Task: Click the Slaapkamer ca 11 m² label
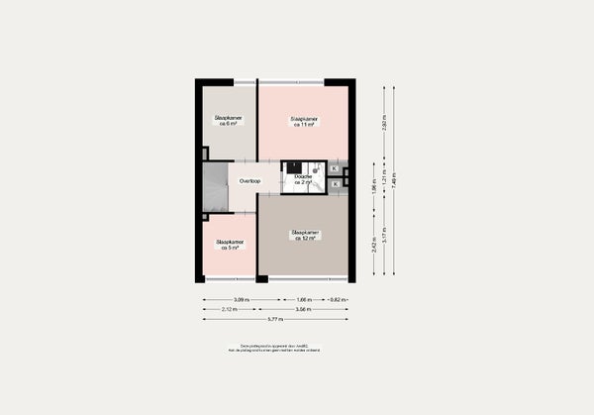pos(303,122)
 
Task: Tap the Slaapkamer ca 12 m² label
pos(304,236)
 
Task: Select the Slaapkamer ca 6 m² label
pos(228,120)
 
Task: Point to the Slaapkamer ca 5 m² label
pos(230,245)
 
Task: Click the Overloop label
pos(249,181)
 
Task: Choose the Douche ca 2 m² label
pos(303,179)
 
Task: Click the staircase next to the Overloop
pos(215,188)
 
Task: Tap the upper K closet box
pos(336,168)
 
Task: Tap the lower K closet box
pos(336,183)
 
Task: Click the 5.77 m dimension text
pos(275,320)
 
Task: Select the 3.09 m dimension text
pos(241,299)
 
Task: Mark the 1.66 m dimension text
pos(304,299)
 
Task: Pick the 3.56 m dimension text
pos(304,309)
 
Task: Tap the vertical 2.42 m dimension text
pos(374,245)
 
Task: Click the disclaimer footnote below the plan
pos(274,349)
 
